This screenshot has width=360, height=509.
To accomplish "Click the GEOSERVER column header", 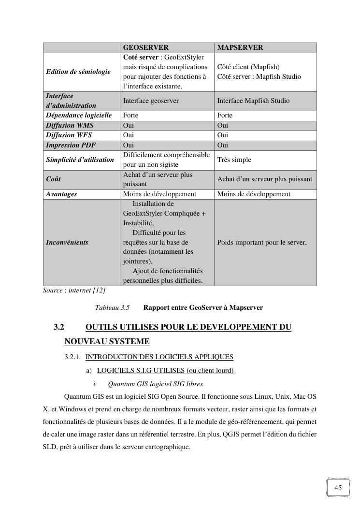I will pyautogui.click(x=146, y=47).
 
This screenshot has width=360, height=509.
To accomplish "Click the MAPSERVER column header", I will pyautogui.click(x=240, y=47).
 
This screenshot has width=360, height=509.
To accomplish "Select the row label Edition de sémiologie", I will pyautogui.click(x=78, y=72).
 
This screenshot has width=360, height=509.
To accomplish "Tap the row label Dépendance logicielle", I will pyautogui.click(x=79, y=115).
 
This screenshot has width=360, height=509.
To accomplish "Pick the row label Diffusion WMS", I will pyautogui.click(x=70, y=125).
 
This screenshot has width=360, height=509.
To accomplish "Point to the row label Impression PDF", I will pyautogui.click(x=69, y=145).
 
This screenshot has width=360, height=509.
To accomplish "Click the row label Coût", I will pyautogui.click(x=53, y=179).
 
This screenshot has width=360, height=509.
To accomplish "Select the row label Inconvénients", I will pyautogui.click(x=67, y=242).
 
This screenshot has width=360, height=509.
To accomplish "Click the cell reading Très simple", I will pyautogui.click(x=234, y=160).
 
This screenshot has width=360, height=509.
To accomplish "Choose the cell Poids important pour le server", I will pyautogui.click(x=262, y=242).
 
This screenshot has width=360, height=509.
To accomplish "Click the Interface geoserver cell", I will pyautogui.click(x=151, y=101).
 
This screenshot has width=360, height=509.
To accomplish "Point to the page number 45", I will pyautogui.click(x=338, y=488).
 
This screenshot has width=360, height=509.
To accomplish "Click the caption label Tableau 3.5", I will pyautogui.click(x=112, y=307).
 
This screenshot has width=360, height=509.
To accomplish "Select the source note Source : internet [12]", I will pyautogui.click(x=74, y=291).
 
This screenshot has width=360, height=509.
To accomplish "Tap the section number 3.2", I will pyautogui.click(x=59, y=327).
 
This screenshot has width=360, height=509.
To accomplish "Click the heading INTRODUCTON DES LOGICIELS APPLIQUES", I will pyautogui.click(x=159, y=357).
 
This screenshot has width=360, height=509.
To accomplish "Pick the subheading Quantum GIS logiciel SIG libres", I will pyautogui.click(x=155, y=384).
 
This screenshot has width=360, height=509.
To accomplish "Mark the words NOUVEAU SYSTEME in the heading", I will pyautogui.click(x=107, y=342).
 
